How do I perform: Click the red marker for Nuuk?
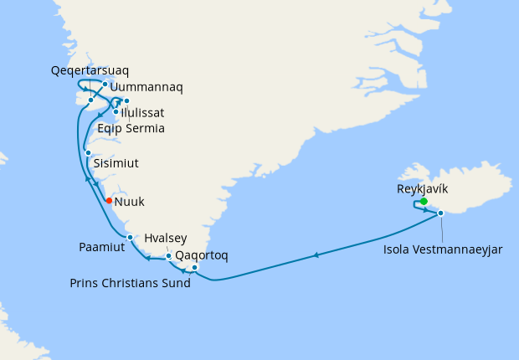coord(109,200)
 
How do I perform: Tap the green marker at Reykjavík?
coord(424,201)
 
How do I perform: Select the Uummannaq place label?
coord(146,86)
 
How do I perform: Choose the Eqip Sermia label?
coord(130,128)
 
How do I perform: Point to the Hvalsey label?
coord(166,237)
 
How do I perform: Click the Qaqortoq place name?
coord(201,255)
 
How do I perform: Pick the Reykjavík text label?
coord(423,189)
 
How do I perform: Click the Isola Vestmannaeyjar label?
coord(443,248)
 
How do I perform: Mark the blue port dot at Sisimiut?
coord(88,152)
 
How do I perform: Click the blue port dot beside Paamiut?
coord(130,237)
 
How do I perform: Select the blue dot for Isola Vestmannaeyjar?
coord(441,213)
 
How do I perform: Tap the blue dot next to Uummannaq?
coord(105,84)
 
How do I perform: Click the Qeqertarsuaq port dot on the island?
coord(90,100)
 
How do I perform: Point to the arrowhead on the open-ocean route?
coord(316,255)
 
